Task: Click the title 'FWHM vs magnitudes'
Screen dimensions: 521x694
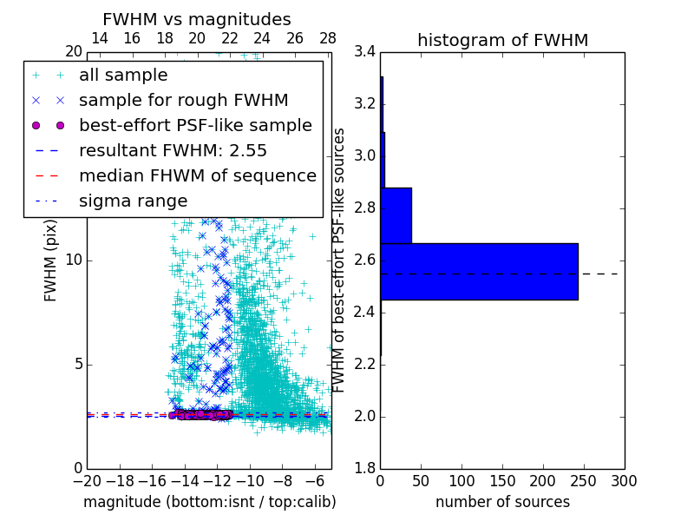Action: [x=196, y=19]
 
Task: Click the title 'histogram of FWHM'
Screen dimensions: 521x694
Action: [x=502, y=40]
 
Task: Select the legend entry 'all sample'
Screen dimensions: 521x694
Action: [x=122, y=76]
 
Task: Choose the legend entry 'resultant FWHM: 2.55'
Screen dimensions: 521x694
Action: [x=173, y=150]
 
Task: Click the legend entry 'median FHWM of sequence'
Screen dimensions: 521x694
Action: [x=197, y=175]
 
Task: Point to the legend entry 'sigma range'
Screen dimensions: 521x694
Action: [x=133, y=201]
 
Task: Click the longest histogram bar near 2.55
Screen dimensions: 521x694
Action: [x=479, y=272]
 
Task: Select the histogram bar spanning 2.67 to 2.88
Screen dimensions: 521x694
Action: [x=396, y=215]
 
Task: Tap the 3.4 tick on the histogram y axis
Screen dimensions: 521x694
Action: [x=364, y=52]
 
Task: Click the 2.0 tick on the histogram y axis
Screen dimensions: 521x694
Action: [x=364, y=417]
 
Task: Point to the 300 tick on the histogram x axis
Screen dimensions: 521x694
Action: [x=624, y=481]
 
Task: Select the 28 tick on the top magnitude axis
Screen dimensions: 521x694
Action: [x=328, y=38]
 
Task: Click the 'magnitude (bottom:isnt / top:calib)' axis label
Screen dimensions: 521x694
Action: [x=209, y=502]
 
